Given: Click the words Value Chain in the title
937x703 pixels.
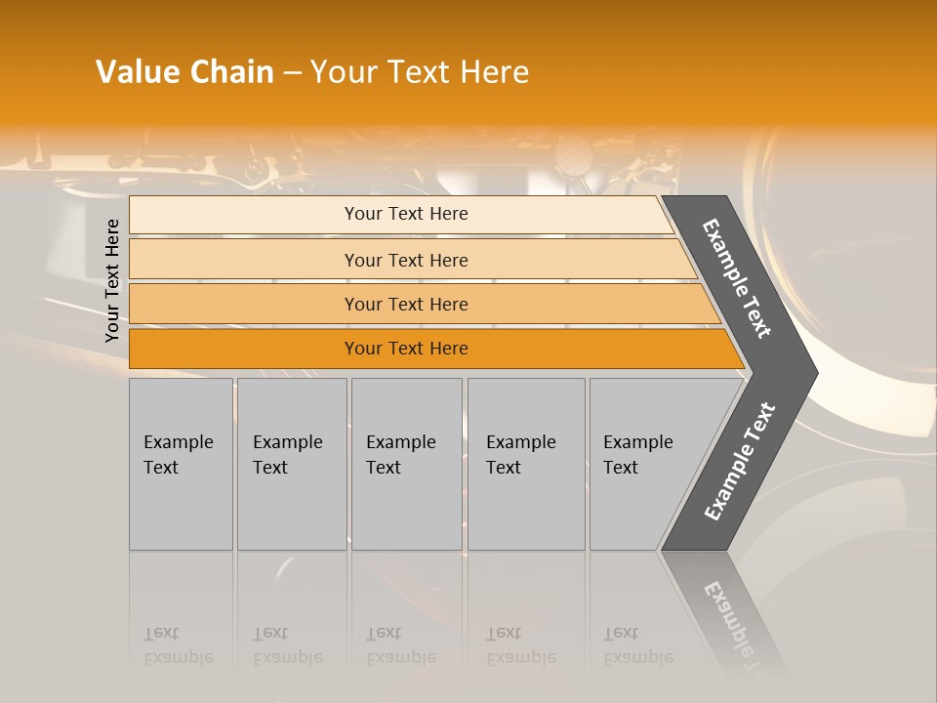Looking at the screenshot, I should coord(184,72).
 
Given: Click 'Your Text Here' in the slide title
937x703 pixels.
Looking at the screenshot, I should coord(420,72).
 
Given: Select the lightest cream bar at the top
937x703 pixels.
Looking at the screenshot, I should coord(244,215).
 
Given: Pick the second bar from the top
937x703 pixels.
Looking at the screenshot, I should coord(244,260).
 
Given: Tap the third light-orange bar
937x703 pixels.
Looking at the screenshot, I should coord(244,304).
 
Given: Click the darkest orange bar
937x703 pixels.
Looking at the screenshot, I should coord(244,349).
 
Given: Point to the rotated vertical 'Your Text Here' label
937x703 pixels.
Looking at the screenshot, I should coord(113,281).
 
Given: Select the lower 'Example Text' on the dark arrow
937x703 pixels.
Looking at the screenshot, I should coord(740,461).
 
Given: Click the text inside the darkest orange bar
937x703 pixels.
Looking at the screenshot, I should coord(406,349).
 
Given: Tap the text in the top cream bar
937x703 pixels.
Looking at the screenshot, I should coord(406,214).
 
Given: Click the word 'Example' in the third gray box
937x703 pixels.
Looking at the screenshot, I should coord(400,442).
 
